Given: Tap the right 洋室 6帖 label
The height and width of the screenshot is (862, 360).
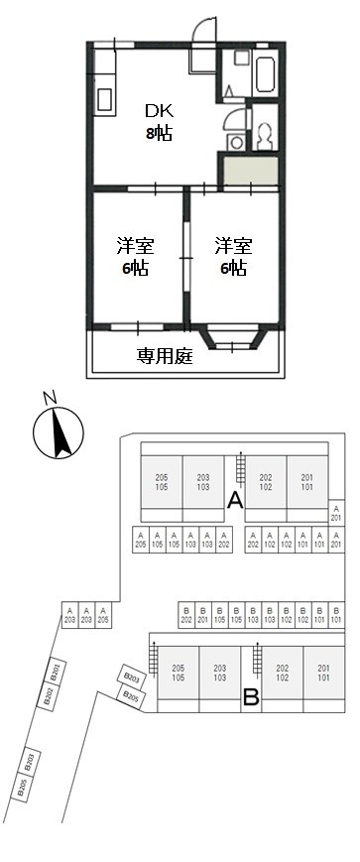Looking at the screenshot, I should [232, 256].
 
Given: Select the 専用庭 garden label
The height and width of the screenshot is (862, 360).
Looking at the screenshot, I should [164, 355].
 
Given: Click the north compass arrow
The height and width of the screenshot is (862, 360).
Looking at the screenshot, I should [54, 433].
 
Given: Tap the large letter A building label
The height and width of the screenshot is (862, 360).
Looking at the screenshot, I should [235, 500].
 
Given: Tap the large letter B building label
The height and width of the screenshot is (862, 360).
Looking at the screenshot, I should [251, 697].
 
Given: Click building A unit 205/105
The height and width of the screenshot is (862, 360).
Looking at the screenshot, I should [162, 482].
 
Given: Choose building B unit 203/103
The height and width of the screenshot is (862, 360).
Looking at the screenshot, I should [219, 673].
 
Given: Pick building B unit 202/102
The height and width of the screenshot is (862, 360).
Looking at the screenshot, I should [282, 673].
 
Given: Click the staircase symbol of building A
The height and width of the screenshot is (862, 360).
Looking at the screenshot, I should [239, 468].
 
